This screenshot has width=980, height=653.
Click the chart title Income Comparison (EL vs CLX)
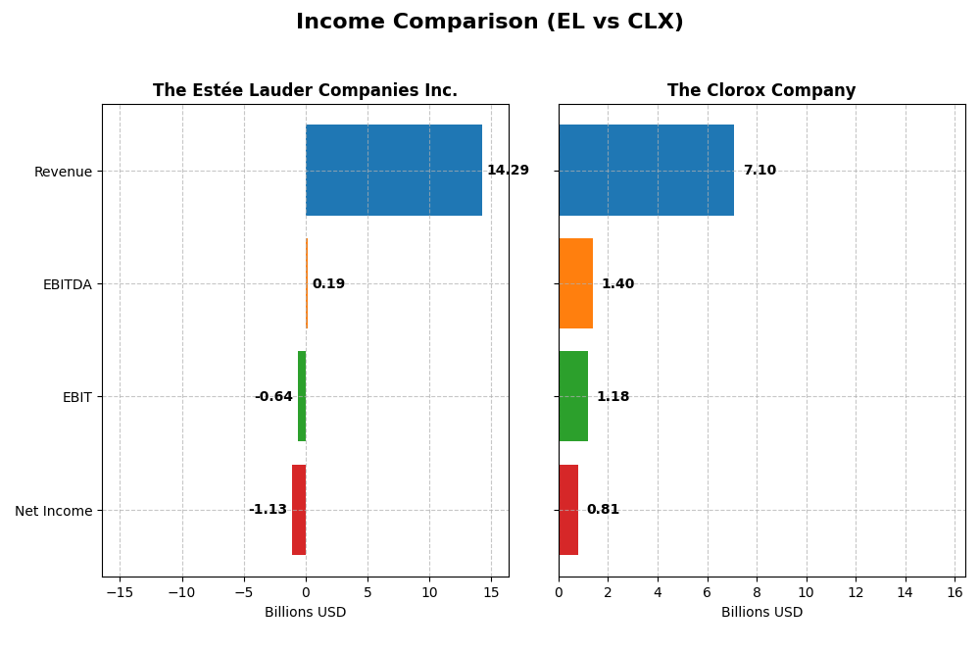[x=489, y=23]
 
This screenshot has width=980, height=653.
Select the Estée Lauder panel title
[x=305, y=91]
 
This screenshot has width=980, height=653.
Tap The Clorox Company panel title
[x=761, y=91]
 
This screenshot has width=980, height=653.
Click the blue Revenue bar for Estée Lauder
[x=394, y=171]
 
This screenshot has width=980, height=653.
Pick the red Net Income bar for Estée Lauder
[x=299, y=510]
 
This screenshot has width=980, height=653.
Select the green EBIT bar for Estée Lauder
[x=302, y=397]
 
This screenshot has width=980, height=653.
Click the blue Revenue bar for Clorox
[x=646, y=171]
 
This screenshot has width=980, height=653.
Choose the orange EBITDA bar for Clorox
[x=576, y=283]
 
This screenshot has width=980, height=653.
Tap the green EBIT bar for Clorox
[x=573, y=397]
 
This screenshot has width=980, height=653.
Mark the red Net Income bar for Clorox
[x=568, y=510]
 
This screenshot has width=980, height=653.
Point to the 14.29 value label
[x=508, y=171]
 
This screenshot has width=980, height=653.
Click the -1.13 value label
[x=268, y=510]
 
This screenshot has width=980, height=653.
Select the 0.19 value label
[x=328, y=284]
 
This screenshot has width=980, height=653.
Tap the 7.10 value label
[x=759, y=171]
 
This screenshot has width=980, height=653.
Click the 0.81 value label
[x=603, y=510]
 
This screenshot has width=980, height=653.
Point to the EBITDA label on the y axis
[x=67, y=284]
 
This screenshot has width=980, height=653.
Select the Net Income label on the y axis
[x=53, y=511]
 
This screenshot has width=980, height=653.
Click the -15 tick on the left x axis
[x=120, y=592]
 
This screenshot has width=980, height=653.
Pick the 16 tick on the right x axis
[x=955, y=592]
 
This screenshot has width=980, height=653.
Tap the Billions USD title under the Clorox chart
[x=761, y=613]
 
